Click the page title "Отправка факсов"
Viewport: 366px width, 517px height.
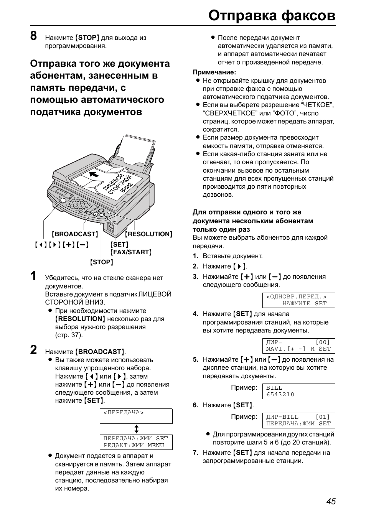coord(272,15)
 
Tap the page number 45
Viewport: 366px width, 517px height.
coord(331,501)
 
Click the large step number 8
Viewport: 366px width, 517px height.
coord(34,36)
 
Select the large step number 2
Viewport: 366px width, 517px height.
coord(34,350)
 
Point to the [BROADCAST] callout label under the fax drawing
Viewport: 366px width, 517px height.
coord(75,234)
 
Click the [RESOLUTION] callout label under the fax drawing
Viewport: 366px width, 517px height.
coord(148,234)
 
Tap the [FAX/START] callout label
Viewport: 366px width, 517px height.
coord(131,252)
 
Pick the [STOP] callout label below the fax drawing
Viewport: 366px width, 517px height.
coord(102,262)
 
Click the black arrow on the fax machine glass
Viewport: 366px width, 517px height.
coord(93,175)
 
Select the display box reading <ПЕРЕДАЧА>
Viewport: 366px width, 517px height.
coord(136,416)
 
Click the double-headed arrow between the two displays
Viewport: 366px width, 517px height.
coord(136,429)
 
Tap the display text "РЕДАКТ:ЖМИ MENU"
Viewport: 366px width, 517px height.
coord(134,446)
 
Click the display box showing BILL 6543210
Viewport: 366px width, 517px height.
coord(298,391)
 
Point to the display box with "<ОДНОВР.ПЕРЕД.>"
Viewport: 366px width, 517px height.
coord(298,300)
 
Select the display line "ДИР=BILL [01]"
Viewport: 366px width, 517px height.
coord(298,417)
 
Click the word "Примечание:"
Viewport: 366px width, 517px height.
coord(214,72)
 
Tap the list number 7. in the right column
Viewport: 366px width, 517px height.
coord(195,453)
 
